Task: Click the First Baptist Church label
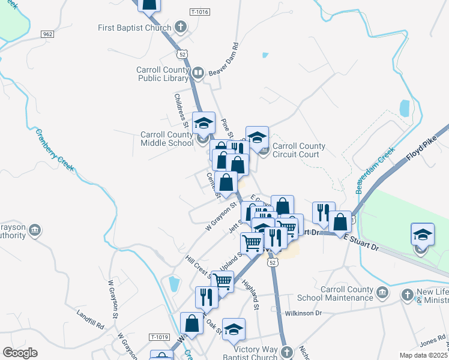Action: (135, 28)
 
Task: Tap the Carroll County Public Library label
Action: (163, 74)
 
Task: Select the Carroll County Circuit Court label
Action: (299, 150)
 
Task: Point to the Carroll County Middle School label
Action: (167, 139)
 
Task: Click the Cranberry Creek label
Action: (55, 150)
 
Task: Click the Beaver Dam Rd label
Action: (225, 59)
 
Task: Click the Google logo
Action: (20, 353)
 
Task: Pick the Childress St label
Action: (182, 110)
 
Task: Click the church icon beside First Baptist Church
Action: (180, 27)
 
